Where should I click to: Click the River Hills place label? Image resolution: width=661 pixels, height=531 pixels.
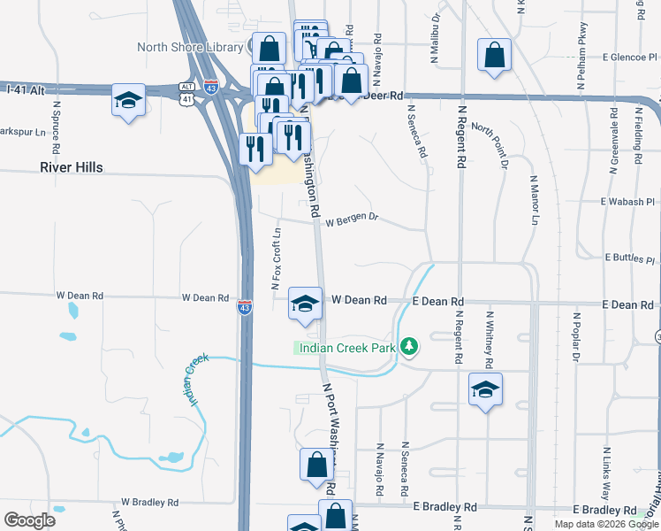pos(70,167)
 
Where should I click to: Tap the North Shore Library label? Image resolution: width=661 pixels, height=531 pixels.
pos(191,47)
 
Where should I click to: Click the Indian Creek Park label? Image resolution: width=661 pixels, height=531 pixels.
pos(346,348)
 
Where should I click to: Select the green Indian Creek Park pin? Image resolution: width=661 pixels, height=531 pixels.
pos(408,346)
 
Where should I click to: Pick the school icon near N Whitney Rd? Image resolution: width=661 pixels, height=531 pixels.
pos(485,389)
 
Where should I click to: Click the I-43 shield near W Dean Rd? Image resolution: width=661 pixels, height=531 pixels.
pos(245,306)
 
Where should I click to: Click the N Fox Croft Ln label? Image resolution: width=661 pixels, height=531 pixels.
pos(275,258)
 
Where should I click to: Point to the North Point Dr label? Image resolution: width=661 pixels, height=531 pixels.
pos(490,145)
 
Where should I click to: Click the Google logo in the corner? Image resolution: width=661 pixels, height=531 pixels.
pos(29,519)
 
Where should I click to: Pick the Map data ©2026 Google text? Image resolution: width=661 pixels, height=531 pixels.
pos(605,524)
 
